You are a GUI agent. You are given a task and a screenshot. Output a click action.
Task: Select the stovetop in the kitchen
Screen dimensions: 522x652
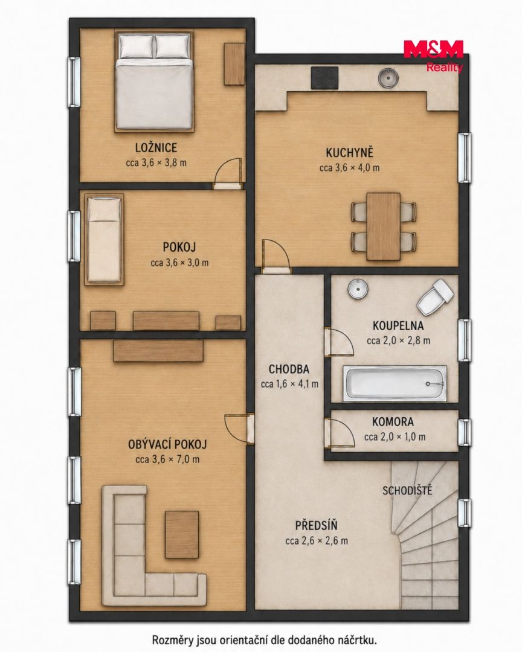[325, 78]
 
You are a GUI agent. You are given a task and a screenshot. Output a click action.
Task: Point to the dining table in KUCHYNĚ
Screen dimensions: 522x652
[384, 226]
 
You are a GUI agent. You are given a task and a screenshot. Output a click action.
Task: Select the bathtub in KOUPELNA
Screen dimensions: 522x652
[395, 383]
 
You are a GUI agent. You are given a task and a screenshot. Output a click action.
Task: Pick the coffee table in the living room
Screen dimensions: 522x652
[182, 534]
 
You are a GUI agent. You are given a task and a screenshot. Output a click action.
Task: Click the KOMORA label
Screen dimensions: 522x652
[393, 421]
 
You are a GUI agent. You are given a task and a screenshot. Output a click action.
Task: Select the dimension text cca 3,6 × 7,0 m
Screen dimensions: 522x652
[167, 459]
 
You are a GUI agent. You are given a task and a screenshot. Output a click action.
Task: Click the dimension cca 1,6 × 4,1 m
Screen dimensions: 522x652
[290, 384]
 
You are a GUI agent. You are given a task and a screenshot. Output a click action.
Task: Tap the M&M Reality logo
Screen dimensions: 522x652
[433, 56]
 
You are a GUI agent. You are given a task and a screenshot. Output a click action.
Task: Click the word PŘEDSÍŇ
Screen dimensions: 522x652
[317, 526]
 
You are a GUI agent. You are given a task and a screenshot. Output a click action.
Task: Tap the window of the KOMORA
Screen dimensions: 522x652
[465, 432]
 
